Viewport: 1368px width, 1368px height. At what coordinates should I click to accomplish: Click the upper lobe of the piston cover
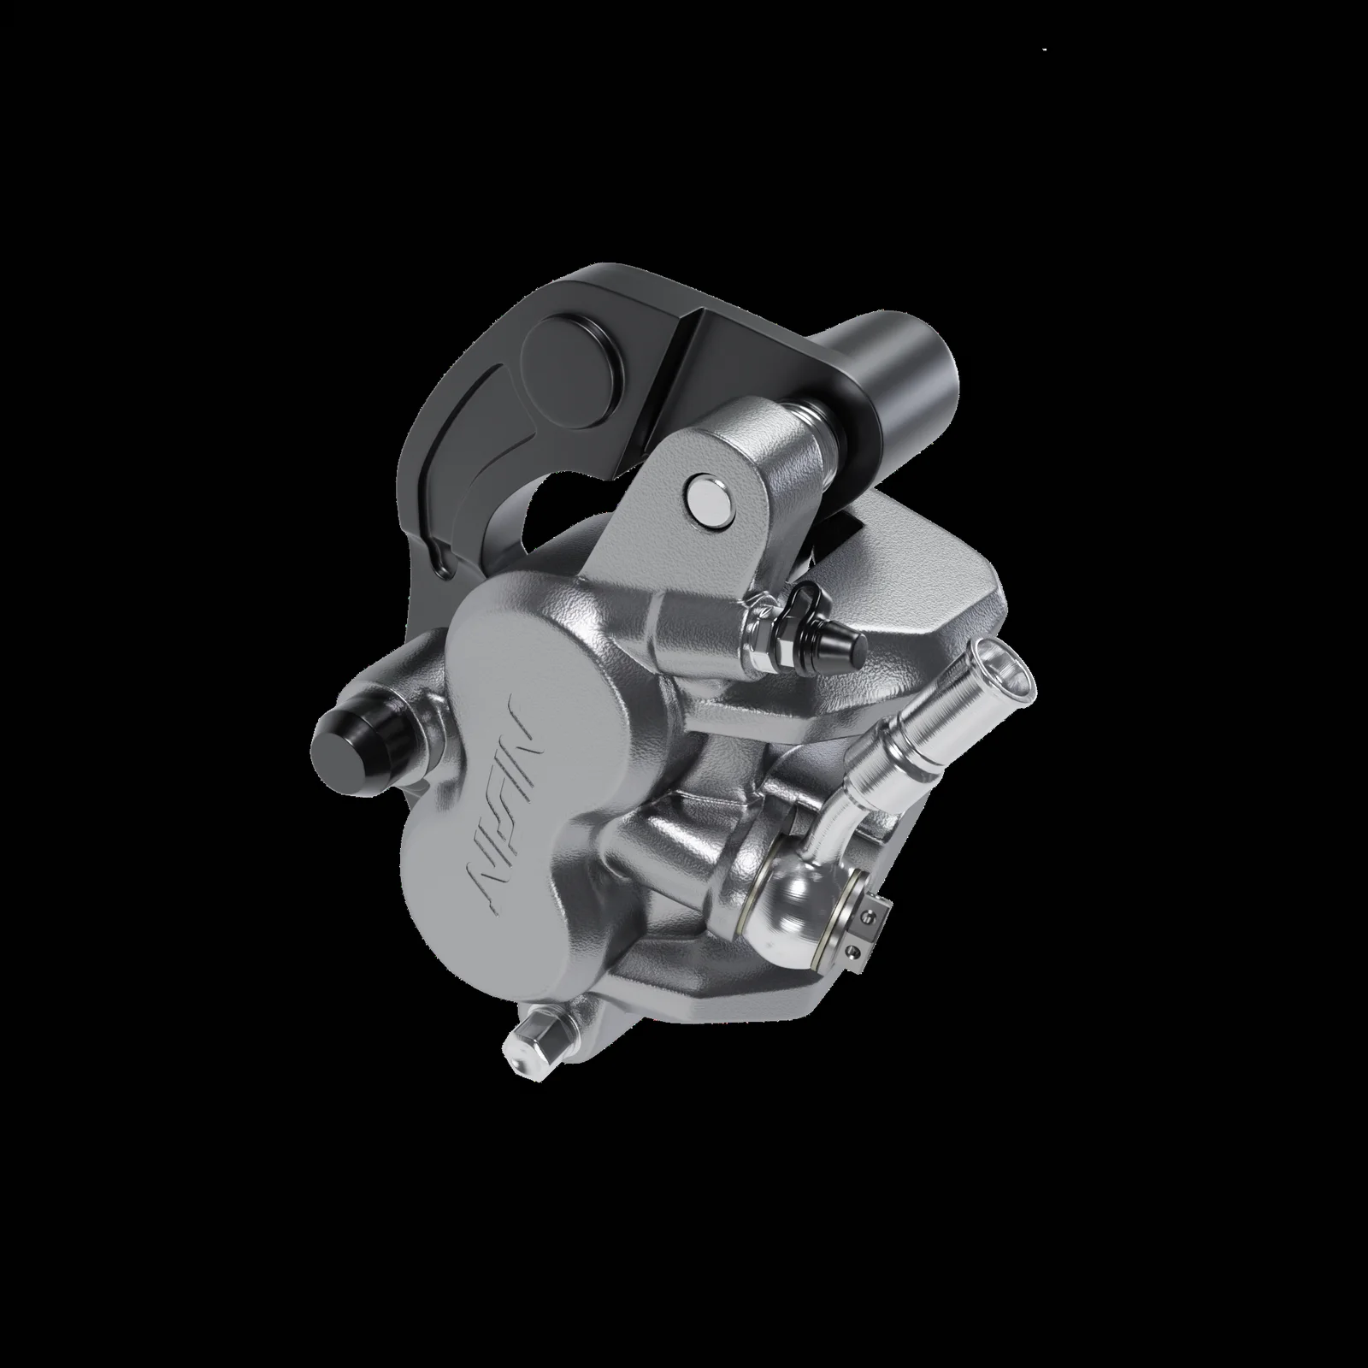(530, 650)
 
